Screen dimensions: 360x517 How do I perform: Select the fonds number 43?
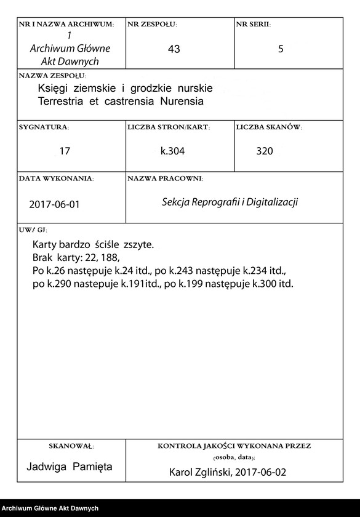174,49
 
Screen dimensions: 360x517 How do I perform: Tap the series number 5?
281,49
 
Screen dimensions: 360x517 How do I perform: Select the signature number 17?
65,151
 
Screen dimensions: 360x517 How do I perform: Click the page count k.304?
172,151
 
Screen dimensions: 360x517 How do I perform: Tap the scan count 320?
265,151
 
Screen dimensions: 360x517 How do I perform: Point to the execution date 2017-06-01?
54,204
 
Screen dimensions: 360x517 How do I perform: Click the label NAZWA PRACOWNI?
165,178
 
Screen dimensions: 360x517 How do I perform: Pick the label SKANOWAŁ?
71,446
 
